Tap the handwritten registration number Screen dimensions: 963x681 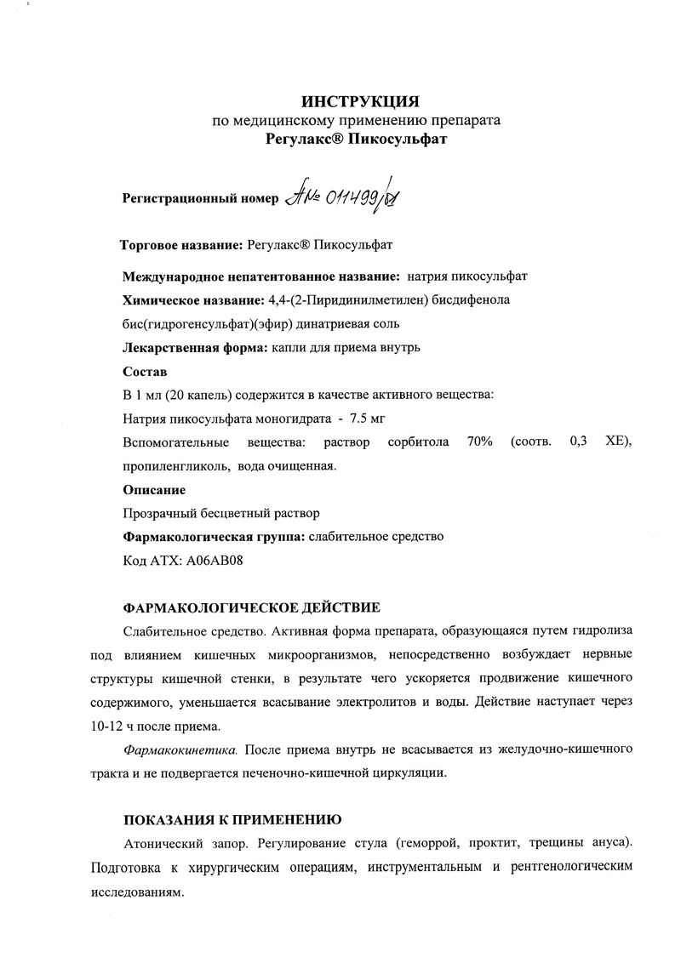point(344,197)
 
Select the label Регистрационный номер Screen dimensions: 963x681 point(201,198)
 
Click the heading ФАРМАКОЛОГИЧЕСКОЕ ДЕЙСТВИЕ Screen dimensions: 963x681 point(252,607)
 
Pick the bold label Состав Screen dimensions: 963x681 point(145,373)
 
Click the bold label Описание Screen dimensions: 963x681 point(154,490)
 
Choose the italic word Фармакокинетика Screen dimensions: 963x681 point(180,749)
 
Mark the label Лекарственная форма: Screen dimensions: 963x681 point(195,348)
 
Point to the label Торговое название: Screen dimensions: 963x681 point(181,245)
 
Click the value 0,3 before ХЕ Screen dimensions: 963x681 point(581,442)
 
